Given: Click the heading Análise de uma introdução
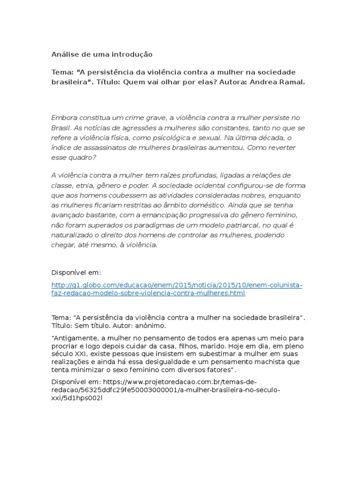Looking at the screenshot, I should coord(102,54).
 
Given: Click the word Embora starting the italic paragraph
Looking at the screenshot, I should coord(64,117).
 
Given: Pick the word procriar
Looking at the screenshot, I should coord(65,345).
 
